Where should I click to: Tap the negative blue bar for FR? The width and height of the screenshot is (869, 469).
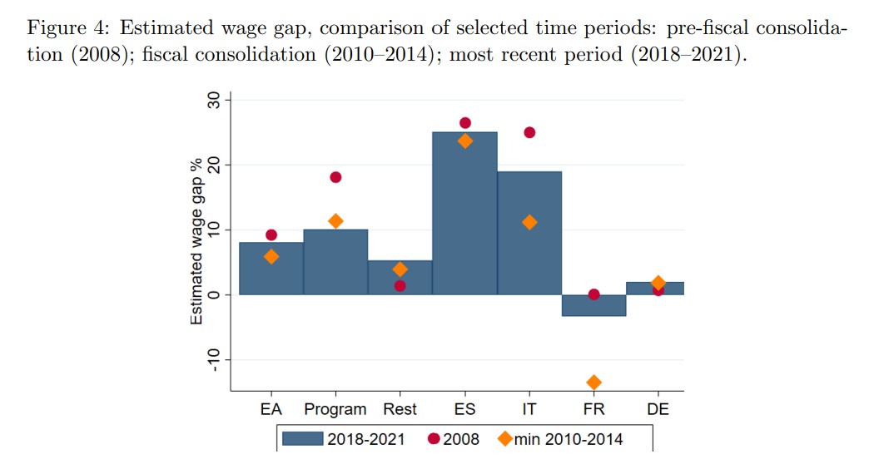click(x=593, y=305)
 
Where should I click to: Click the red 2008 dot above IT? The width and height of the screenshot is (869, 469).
click(x=529, y=132)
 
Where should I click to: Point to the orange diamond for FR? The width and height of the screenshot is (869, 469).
click(x=593, y=383)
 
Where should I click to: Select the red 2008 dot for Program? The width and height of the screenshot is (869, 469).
click(x=335, y=177)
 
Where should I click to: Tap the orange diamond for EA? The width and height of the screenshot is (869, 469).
click(x=271, y=257)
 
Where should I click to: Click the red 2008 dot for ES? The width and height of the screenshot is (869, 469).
click(x=464, y=123)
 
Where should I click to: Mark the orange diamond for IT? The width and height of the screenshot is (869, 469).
click(x=529, y=222)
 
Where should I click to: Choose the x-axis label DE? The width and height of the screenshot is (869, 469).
click(x=658, y=409)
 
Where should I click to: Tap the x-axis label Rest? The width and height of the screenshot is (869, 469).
click(x=400, y=409)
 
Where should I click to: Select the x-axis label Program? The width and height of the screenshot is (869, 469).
click(x=335, y=409)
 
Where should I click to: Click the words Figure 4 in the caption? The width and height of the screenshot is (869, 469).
click(x=66, y=28)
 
